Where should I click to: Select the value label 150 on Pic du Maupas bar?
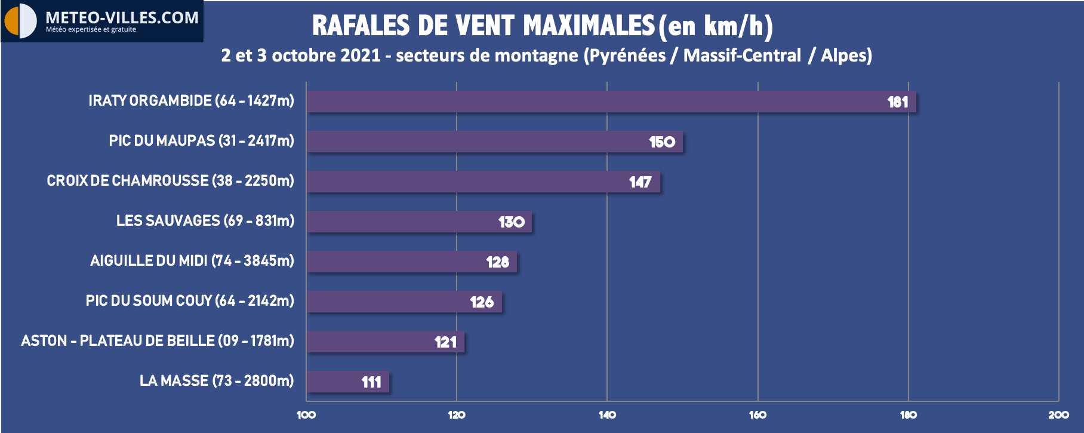(x=662, y=142)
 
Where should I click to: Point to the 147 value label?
(x=640, y=182)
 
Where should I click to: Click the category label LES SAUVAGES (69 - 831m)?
(x=205, y=221)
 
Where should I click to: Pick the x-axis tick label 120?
(x=457, y=415)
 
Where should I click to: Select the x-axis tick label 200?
(x=1058, y=415)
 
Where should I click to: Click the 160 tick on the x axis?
(x=757, y=415)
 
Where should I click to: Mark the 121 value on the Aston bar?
(x=445, y=342)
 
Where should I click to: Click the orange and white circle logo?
(x=20, y=20)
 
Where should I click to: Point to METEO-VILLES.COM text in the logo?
(x=122, y=17)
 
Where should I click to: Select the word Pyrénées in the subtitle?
(x=627, y=56)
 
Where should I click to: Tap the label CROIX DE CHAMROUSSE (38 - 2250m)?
(x=170, y=181)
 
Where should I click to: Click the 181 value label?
(x=897, y=102)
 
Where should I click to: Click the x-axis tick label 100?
(x=306, y=415)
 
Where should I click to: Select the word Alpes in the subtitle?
(x=846, y=56)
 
